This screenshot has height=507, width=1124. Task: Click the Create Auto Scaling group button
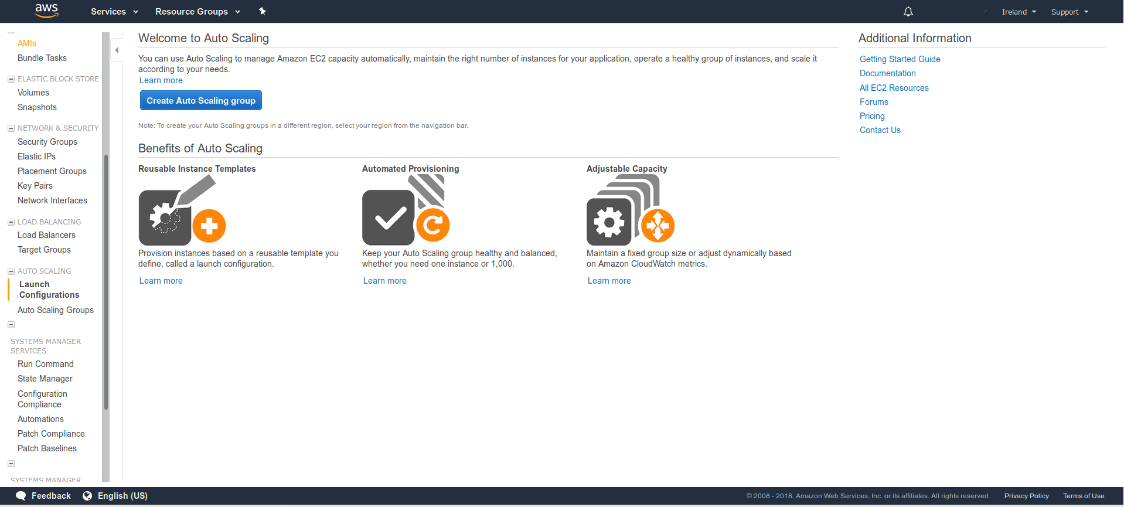201,100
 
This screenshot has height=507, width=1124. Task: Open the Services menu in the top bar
114,12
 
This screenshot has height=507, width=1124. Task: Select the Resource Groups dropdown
197,12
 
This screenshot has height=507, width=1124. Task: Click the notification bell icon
908,12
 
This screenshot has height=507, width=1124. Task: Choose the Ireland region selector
1019,12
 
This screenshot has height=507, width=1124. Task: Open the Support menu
1069,12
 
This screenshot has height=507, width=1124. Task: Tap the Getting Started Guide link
900,59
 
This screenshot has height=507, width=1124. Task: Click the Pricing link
872,116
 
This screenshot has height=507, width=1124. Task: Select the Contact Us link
880,130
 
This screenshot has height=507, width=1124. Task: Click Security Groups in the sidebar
47,142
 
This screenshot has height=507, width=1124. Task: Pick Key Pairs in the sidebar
35,186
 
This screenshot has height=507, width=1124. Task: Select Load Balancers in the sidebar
46,235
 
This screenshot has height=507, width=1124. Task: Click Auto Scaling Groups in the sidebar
56,310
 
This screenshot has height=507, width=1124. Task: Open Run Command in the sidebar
46,364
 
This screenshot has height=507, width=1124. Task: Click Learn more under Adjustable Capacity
609,281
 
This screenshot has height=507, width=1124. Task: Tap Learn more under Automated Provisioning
385,281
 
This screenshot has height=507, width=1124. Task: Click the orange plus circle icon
209,226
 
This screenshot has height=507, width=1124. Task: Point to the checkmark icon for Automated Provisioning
389,217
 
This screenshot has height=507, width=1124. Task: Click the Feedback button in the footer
43,496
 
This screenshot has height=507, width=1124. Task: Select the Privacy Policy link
1027,496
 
